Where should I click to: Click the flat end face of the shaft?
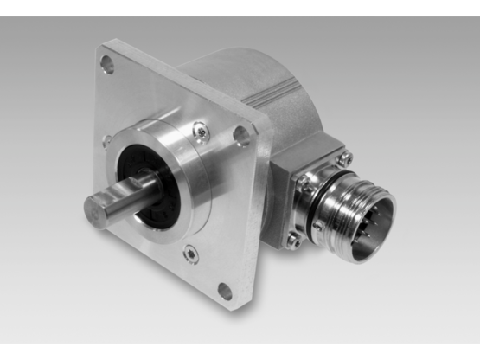[97, 210]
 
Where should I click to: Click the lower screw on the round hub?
[189, 254]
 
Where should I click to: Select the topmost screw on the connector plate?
[346, 157]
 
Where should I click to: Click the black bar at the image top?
[240, 7]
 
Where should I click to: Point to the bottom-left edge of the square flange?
[147, 260]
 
